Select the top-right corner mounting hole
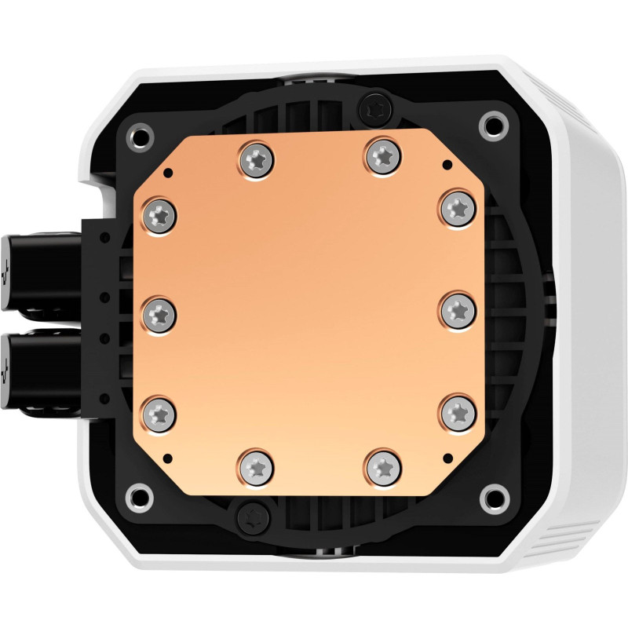coord(492,122)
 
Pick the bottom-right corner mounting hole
coord(492,496)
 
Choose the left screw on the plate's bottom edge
coord(257,467)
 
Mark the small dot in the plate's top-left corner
coord(166,170)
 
